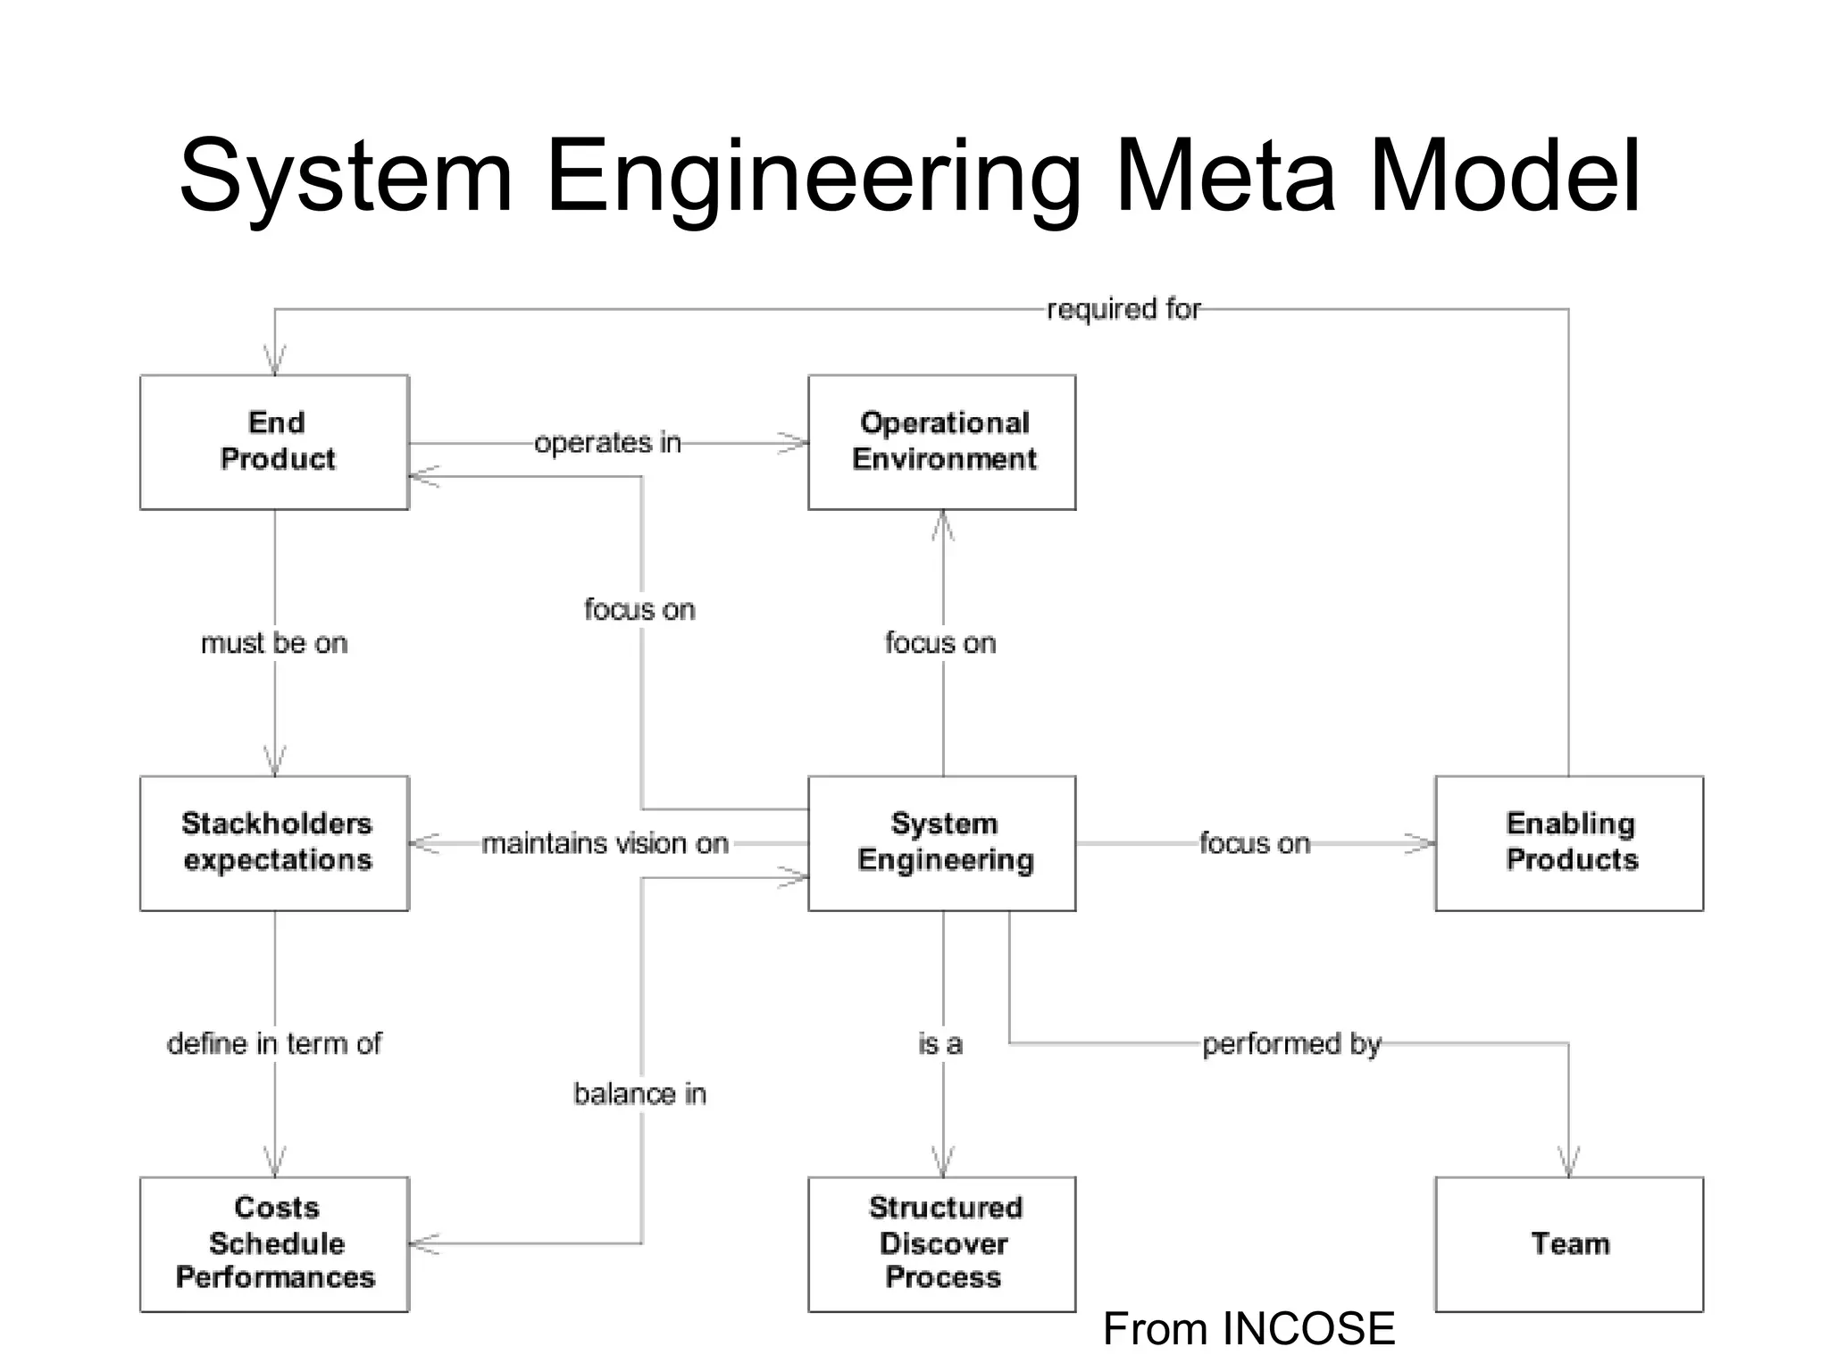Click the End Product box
pos(275,442)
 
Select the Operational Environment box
pos(942,442)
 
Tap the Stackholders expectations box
pos(275,842)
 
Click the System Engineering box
pos(942,842)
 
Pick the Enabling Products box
pos(1569,842)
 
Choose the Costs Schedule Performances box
pos(275,1243)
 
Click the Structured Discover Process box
pos(942,1243)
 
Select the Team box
pos(1569,1243)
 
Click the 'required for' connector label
pos(1123,309)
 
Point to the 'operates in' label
pos(607,442)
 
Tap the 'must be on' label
pos(274,642)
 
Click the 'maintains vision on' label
pos(605,842)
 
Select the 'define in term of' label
pos(274,1042)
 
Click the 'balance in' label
pos(639,1093)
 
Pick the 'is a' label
pos(940,1042)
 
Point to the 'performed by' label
pos(1290,1042)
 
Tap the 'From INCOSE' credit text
pos(1249,1328)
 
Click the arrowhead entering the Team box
pos(1569,1163)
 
